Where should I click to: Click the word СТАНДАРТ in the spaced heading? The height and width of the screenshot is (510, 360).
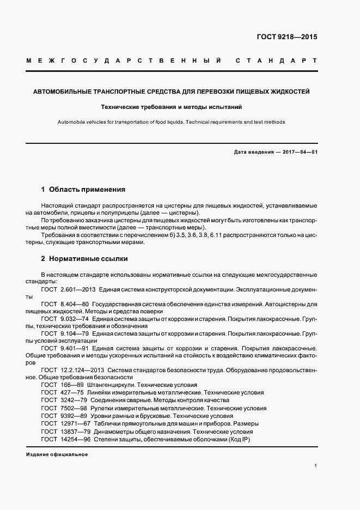(x=276, y=61)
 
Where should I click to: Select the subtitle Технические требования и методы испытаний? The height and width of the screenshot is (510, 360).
(x=172, y=107)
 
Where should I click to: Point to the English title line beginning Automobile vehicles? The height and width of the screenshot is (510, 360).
(x=172, y=123)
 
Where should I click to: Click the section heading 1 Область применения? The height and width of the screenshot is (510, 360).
(x=83, y=190)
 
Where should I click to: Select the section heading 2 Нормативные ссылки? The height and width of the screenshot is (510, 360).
(x=84, y=259)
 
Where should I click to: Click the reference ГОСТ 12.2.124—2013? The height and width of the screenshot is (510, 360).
(x=68, y=370)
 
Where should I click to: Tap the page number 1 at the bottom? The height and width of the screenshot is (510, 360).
(x=315, y=466)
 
